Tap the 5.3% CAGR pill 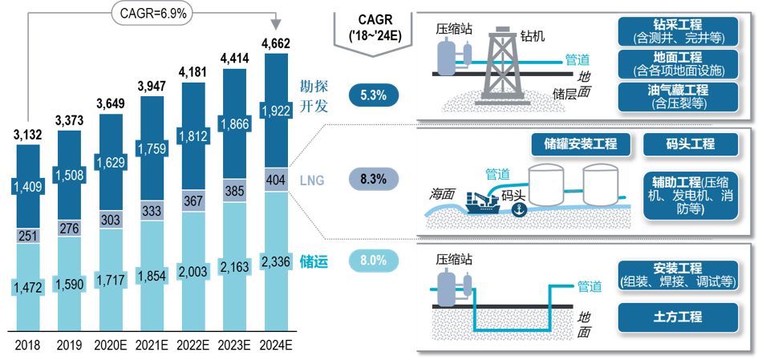[x=374, y=95]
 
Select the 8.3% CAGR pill [x=374, y=179]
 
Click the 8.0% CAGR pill [x=374, y=260]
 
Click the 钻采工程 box [x=679, y=30]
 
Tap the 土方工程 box [x=678, y=317]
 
